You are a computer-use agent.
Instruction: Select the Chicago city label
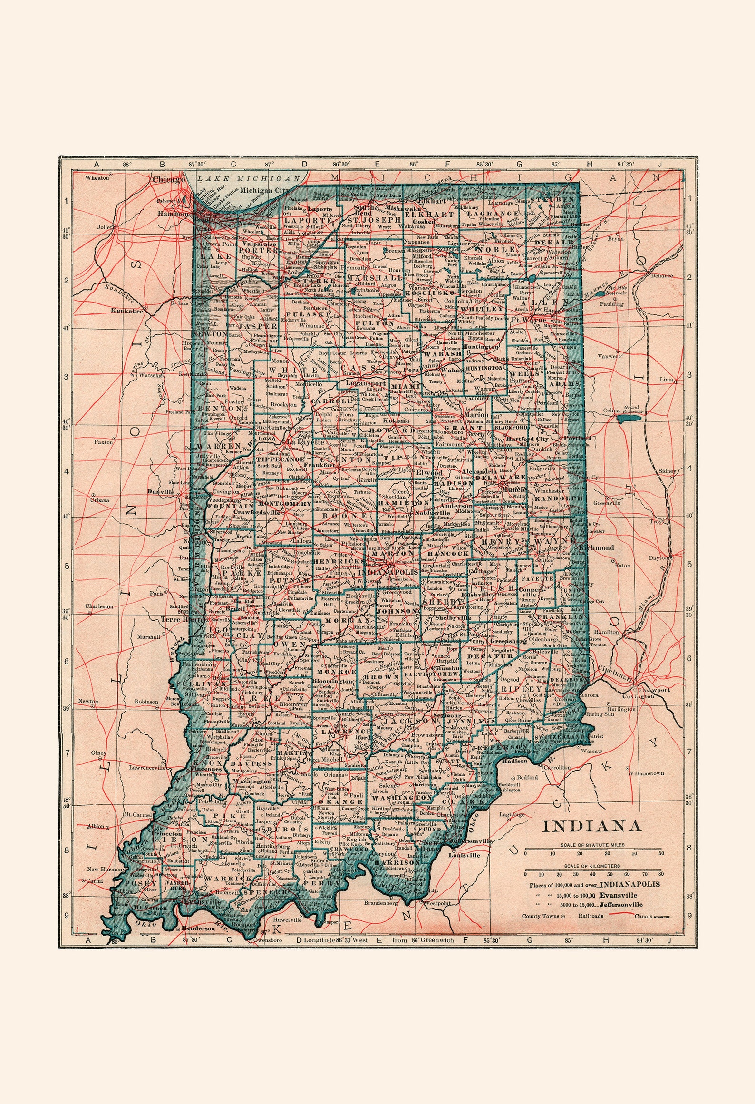[x=168, y=180]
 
